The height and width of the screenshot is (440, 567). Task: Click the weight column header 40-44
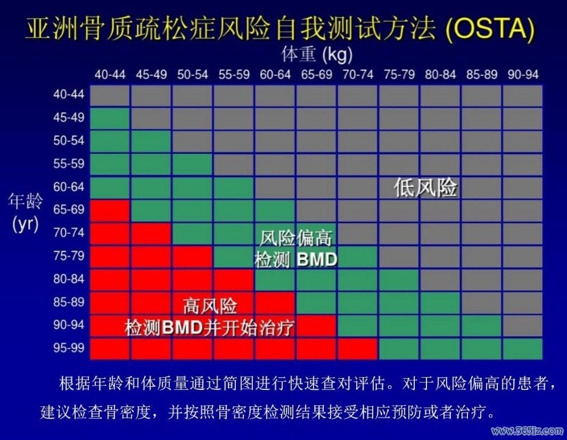(x=110, y=75)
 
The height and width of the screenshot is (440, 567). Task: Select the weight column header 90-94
(x=523, y=75)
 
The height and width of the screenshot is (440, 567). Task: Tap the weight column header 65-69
(x=316, y=75)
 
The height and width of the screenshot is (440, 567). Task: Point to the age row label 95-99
(x=68, y=348)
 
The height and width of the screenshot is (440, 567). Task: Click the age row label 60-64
(x=68, y=186)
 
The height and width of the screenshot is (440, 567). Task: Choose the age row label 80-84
(x=68, y=279)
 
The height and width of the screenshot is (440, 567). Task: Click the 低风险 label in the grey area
(x=426, y=188)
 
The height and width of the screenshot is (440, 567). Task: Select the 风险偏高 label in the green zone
(x=296, y=238)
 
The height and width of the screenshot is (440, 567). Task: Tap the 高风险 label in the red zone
(x=210, y=306)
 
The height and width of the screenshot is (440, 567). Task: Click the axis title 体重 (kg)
(x=316, y=54)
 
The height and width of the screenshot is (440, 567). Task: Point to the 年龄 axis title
(x=25, y=202)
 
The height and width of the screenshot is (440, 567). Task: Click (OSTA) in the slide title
(x=490, y=29)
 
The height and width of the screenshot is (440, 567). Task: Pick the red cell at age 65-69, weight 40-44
(x=110, y=210)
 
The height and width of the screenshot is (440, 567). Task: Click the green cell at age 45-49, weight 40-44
(x=110, y=118)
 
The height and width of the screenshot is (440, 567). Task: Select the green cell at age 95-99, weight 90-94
(x=523, y=349)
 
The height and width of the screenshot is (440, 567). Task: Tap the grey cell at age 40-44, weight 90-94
(x=523, y=96)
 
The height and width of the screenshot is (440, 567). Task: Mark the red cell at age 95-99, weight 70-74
(x=357, y=349)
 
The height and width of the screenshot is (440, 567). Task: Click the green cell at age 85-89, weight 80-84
(x=440, y=303)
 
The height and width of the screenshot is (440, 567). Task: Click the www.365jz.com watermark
(x=527, y=431)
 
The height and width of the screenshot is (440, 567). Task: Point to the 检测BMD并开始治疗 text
(x=209, y=328)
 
